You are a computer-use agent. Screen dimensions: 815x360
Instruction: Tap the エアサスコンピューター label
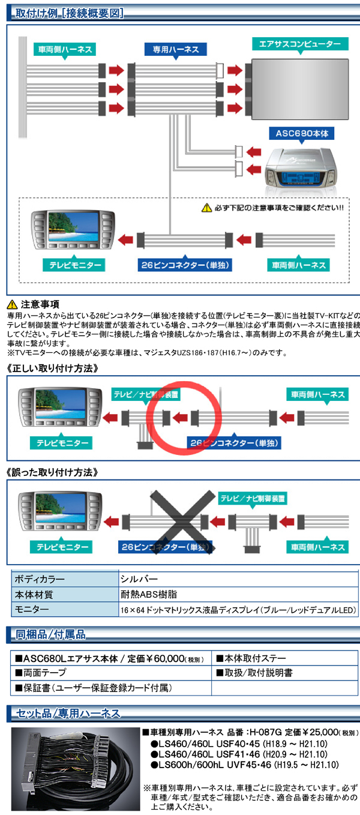tap(299, 44)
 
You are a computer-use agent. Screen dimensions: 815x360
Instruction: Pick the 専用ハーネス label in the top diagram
tap(176, 50)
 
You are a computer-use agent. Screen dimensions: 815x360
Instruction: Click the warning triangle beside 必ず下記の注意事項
tap(206, 208)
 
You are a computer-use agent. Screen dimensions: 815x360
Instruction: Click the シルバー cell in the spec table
tap(139, 579)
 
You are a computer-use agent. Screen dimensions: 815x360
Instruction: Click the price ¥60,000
tap(159, 658)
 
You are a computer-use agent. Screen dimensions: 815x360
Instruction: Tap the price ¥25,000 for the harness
tap(318, 732)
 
